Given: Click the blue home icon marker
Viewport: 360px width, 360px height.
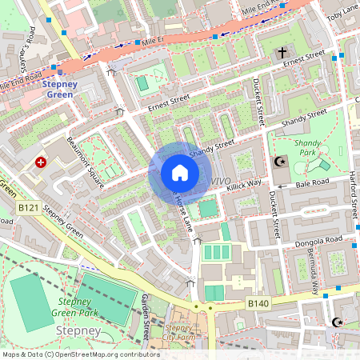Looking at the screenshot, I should tap(180, 173).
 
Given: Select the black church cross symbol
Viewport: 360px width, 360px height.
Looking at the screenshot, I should tap(282, 53).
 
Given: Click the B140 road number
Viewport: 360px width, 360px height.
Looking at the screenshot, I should tap(257, 303).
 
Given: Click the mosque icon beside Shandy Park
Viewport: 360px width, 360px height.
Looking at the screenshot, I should tap(280, 162).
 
